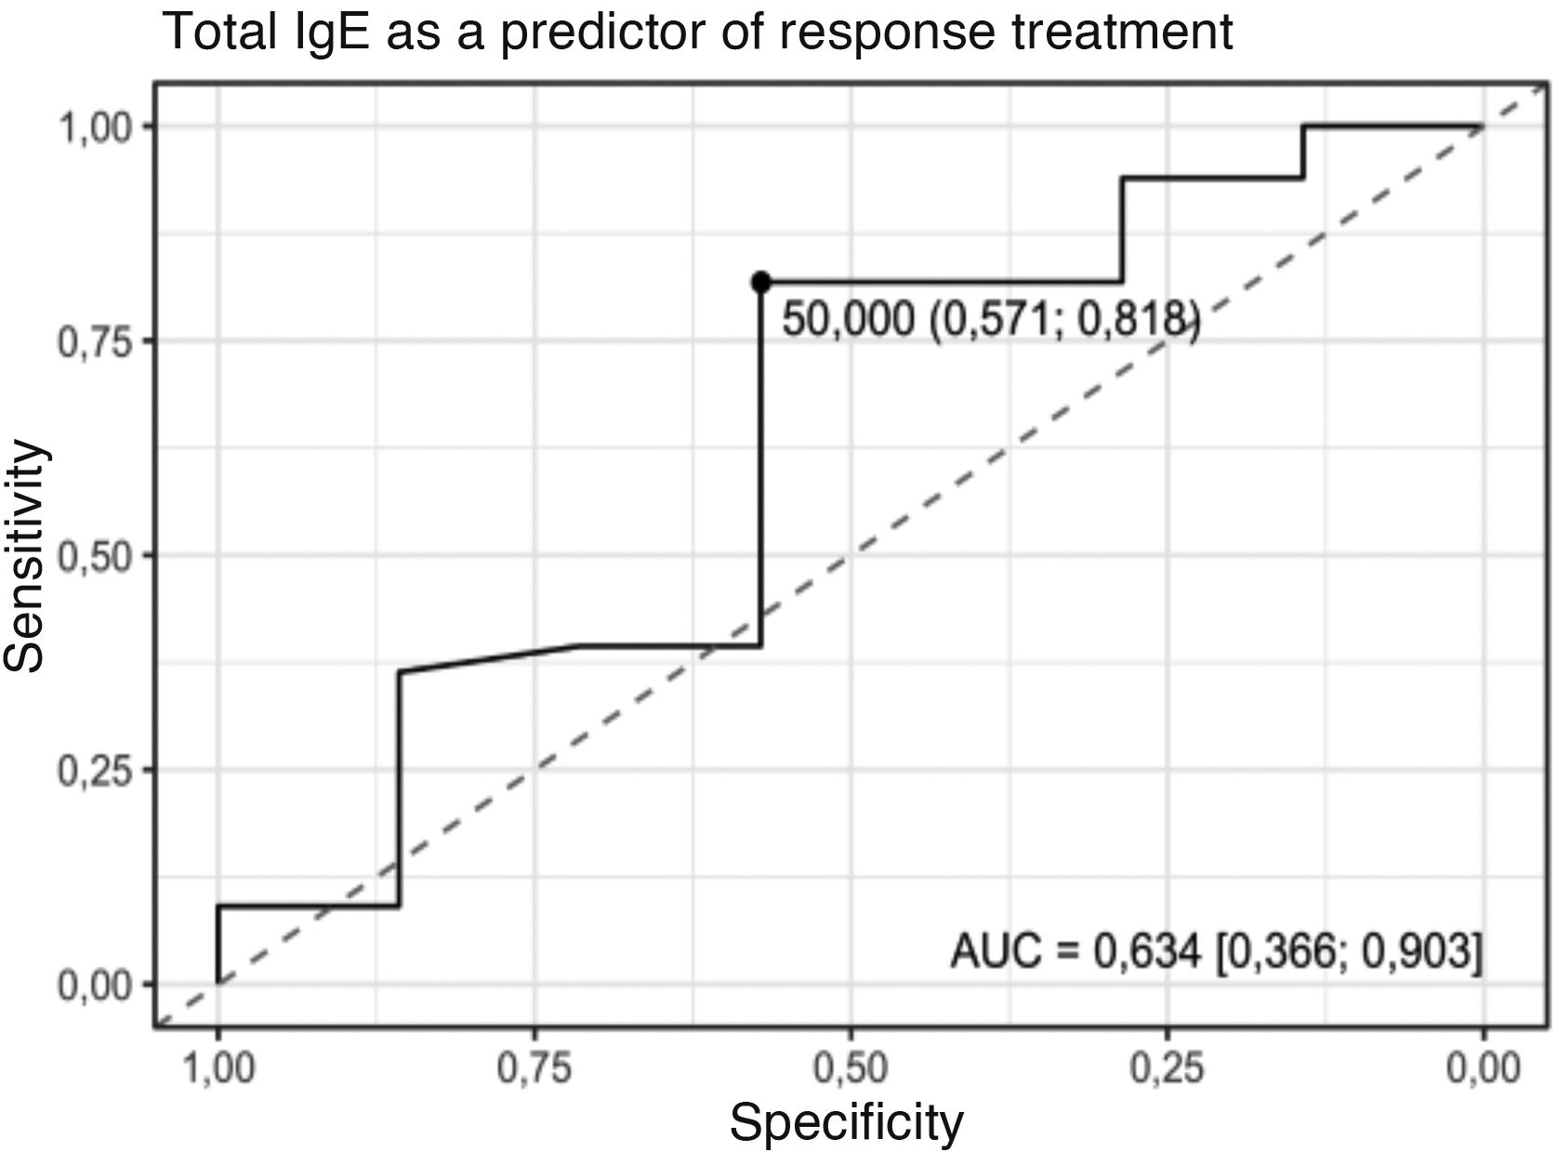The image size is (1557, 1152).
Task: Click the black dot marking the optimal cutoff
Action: click(x=761, y=282)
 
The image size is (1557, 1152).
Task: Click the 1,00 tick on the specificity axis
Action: click(x=218, y=1069)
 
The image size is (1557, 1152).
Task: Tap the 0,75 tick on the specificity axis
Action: click(x=534, y=1069)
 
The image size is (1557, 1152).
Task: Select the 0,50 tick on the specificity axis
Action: click(x=851, y=1069)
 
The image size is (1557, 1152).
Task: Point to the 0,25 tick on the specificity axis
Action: click(x=1168, y=1069)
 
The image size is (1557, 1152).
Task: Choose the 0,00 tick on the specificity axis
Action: click(x=1483, y=1069)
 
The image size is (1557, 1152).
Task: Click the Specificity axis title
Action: click(x=846, y=1122)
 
